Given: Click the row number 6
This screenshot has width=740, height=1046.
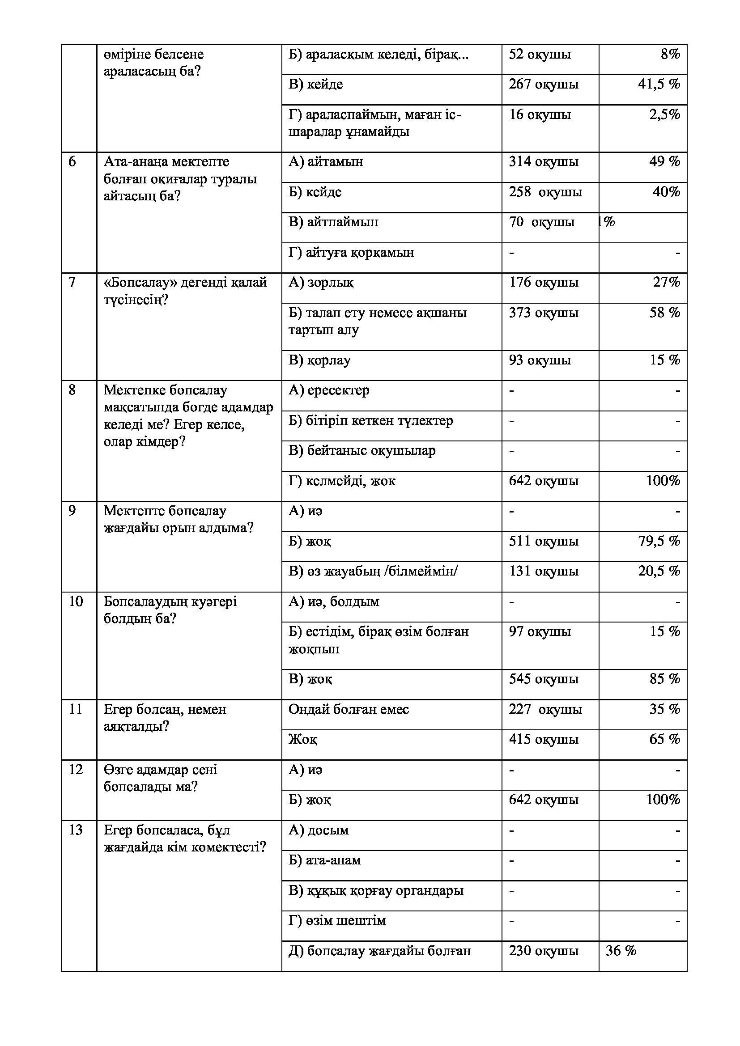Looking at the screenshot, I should [72, 162].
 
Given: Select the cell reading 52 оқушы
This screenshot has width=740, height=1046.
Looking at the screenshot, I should [540, 55].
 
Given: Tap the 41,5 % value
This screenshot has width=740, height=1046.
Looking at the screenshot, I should [659, 84].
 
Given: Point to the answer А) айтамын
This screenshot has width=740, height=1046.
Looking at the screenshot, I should [326, 162].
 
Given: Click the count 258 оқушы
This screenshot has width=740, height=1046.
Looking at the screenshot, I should [545, 192].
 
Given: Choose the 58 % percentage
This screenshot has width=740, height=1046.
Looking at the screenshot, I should [664, 313].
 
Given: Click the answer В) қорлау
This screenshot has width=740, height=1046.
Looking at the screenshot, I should [319, 360].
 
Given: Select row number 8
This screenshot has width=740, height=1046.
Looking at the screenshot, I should [72, 390].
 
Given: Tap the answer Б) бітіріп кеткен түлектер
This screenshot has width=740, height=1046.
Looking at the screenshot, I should [370, 420].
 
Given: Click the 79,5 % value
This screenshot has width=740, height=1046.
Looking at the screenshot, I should [659, 541].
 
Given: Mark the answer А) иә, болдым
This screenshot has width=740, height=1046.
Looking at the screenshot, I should [334, 602].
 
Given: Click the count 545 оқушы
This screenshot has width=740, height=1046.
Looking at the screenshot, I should [543, 679].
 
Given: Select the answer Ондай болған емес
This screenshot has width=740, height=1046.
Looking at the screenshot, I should [349, 709].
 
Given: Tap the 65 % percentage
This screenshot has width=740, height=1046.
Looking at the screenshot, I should [664, 739].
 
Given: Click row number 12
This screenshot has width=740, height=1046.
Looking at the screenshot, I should [76, 770].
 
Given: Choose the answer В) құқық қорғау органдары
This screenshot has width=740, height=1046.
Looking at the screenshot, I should [375, 891].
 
